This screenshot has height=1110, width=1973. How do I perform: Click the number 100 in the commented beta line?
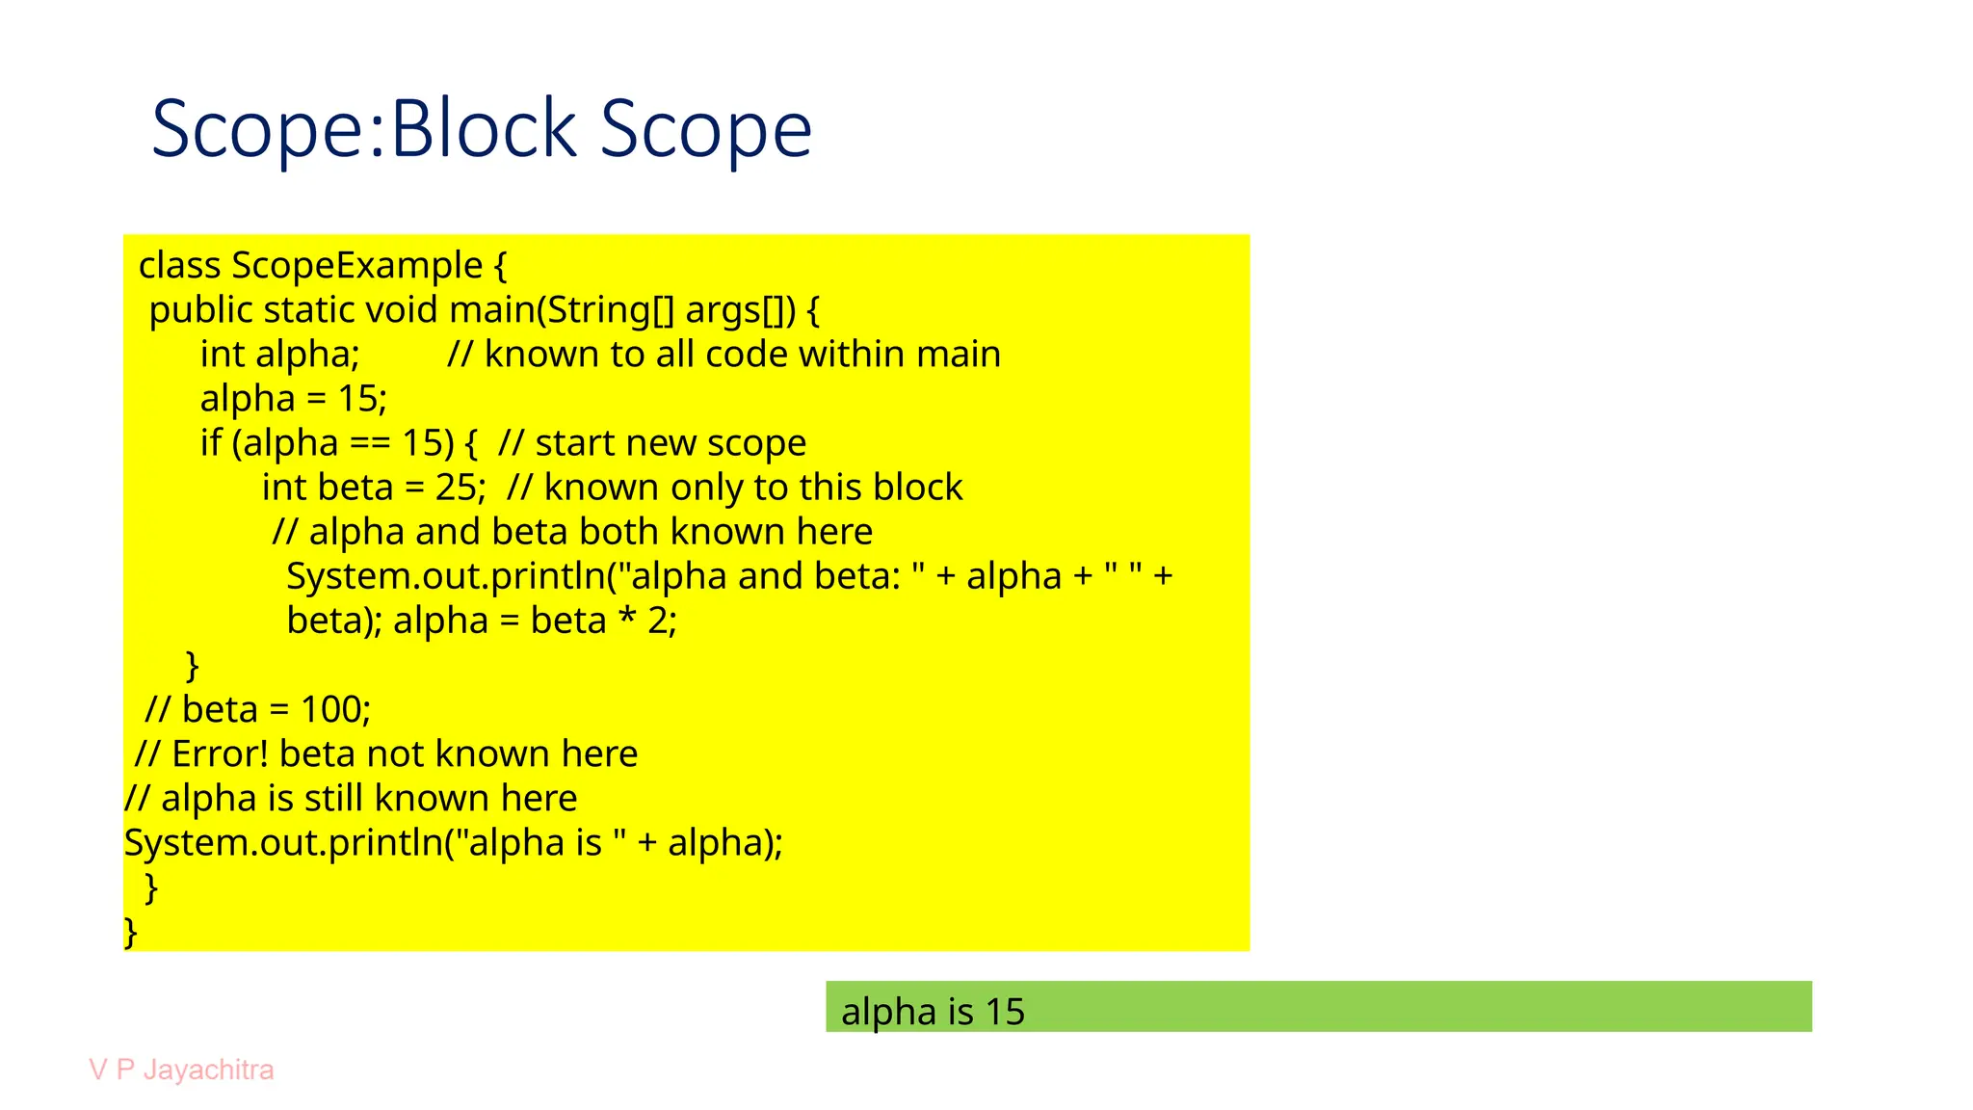(x=335, y=710)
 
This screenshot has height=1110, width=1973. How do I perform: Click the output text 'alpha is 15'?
(x=933, y=1012)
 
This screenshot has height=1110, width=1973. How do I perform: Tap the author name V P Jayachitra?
(x=181, y=1070)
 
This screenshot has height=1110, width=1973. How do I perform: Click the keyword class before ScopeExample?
(x=180, y=266)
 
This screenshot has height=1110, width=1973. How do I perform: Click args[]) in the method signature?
(x=741, y=310)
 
